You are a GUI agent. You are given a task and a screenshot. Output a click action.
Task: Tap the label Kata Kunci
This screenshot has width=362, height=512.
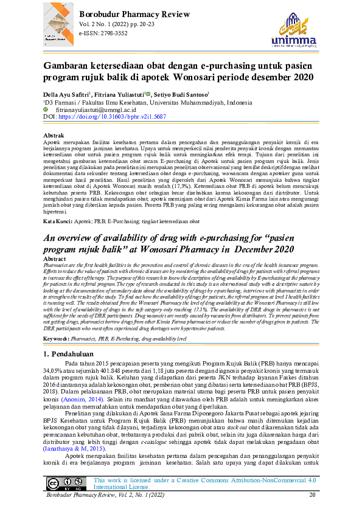[60, 223]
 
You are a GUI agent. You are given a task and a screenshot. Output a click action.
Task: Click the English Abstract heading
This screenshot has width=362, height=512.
[56, 258]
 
